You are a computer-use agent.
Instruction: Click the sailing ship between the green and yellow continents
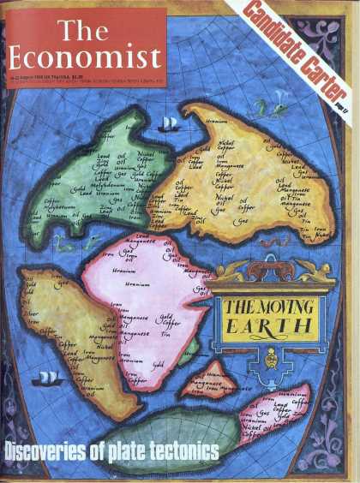(169, 124)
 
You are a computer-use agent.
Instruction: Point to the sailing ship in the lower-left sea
(50, 379)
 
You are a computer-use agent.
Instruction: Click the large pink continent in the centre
(141, 308)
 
